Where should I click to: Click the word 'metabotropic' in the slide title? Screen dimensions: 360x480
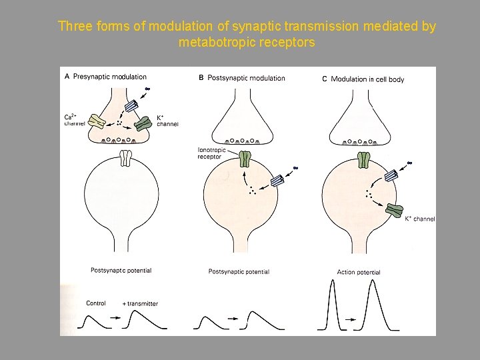point(213,43)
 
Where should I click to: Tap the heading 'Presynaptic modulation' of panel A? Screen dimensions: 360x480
point(110,77)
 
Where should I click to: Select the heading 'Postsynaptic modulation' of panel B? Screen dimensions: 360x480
point(247,78)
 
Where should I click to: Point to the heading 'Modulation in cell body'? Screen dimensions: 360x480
point(367,79)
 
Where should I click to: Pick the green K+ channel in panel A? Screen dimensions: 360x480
point(143,123)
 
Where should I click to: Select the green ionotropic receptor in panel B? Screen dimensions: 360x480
point(245,159)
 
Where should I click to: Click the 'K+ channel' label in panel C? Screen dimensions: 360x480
point(420,219)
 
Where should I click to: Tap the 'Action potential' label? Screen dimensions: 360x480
point(359,272)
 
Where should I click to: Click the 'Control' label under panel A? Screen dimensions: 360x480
point(96,303)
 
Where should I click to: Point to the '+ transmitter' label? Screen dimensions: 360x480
point(140,303)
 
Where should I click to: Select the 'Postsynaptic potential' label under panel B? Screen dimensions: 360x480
point(239,271)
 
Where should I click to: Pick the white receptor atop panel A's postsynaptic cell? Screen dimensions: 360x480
point(127,159)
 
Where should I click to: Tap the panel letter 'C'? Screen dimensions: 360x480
point(325,79)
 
